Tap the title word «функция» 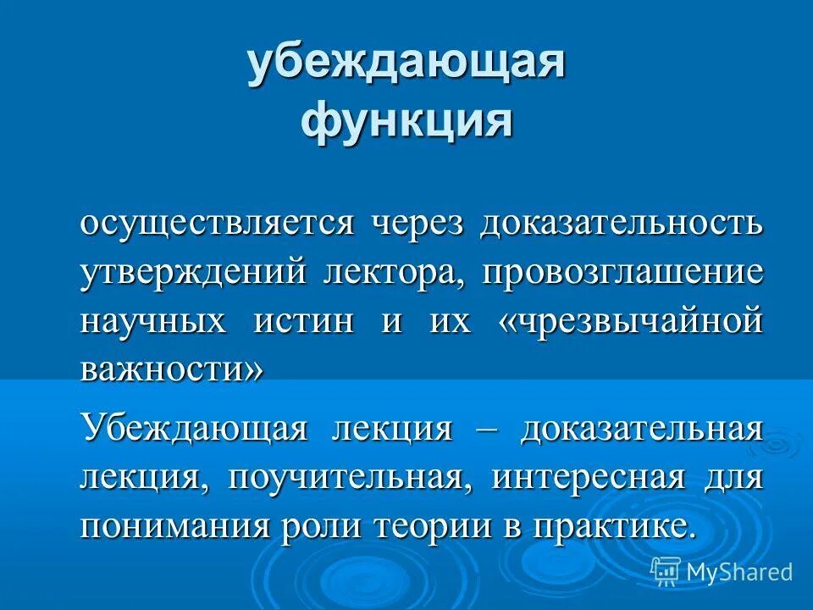pyautogui.click(x=406, y=120)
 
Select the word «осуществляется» pyautogui.click(x=216, y=224)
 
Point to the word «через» pyautogui.click(x=416, y=224)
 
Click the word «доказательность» pyautogui.click(x=622, y=224)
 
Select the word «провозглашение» pyautogui.click(x=623, y=273)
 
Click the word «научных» pyautogui.click(x=153, y=322)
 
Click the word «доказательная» pyautogui.click(x=641, y=428)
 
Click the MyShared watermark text pyautogui.click(x=738, y=572)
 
